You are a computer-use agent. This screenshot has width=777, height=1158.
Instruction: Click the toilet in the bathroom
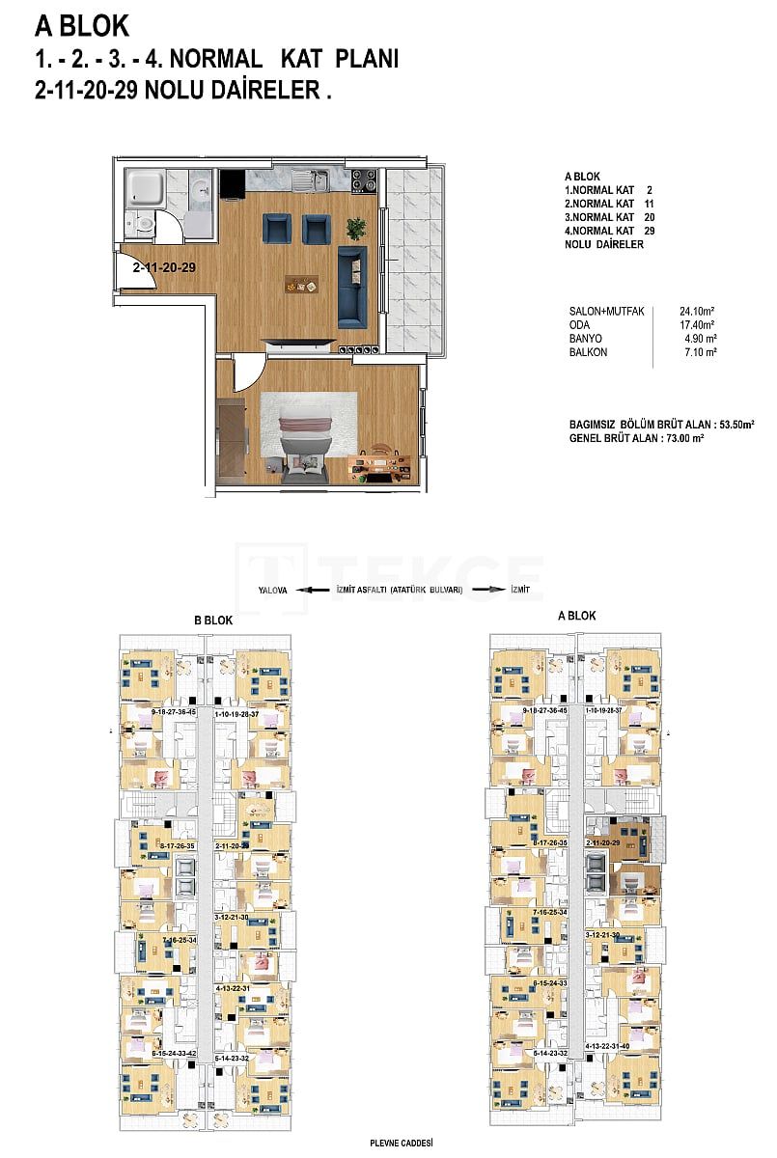[x=143, y=224]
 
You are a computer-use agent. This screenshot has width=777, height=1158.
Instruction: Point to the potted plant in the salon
[x=356, y=229]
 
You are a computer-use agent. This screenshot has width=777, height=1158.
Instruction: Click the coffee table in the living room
[x=301, y=284]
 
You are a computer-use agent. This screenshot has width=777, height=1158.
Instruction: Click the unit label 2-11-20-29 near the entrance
[x=165, y=268]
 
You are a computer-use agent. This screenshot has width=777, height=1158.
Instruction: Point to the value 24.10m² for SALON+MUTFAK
[x=697, y=312]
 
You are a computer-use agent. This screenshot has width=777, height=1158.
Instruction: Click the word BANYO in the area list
[x=586, y=339]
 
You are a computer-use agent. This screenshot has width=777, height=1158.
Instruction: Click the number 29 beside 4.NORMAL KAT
[x=649, y=232]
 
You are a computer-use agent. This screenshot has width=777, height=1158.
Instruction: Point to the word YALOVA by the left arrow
[x=273, y=589]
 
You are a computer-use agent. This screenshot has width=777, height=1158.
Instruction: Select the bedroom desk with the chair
[x=384, y=457]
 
